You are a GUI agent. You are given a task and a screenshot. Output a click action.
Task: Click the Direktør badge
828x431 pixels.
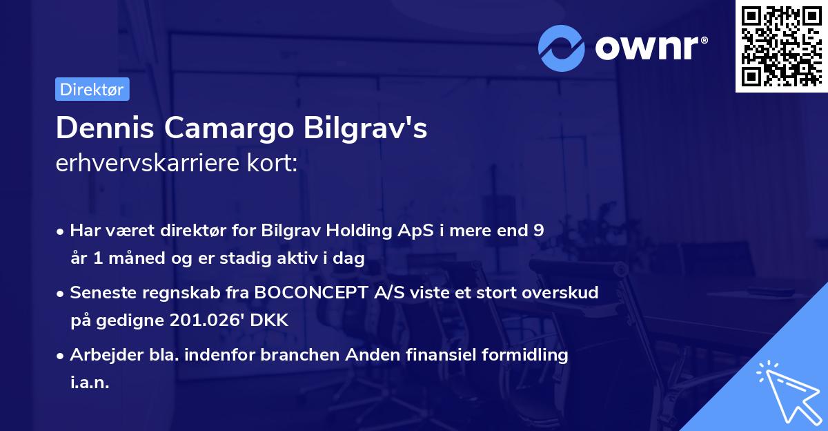click(92, 89)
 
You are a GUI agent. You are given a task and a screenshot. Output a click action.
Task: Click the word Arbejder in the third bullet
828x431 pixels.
click(101, 355)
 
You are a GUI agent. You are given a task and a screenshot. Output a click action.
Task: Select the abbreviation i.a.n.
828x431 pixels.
click(90, 383)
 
